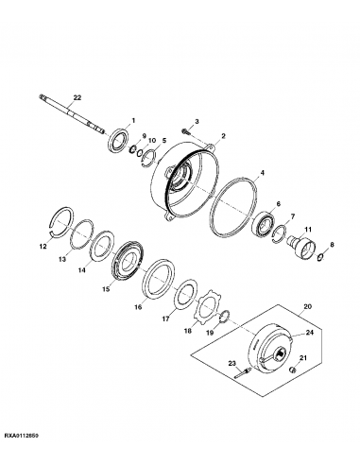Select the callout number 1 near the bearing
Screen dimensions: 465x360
click(x=133, y=120)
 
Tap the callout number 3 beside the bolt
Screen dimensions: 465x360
click(x=197, y=123)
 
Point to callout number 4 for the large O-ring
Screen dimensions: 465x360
click(x=262, y=174)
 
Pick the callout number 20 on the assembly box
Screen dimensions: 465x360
click(x=305, y=307)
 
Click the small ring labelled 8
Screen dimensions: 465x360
click(x=321, y=255)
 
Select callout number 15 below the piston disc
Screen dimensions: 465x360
click(x=105, y=289)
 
